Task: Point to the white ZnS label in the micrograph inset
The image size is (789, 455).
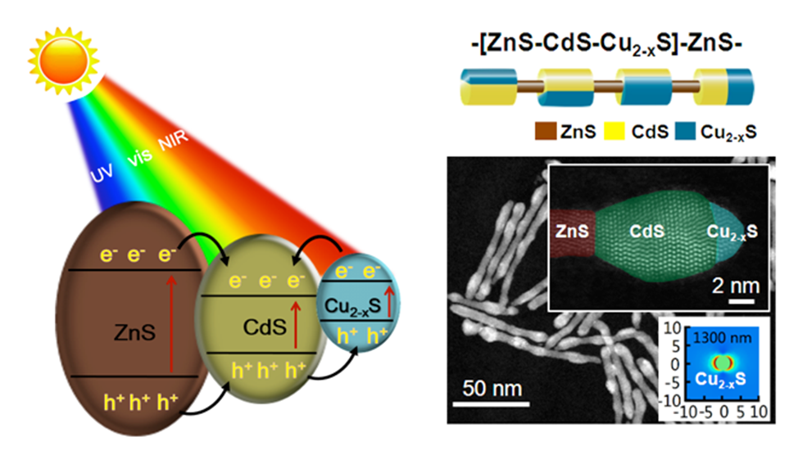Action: pos(572,232)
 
